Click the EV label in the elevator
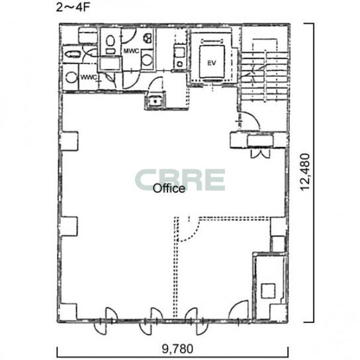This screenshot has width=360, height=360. coord(212,63)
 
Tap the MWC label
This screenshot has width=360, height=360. coord(131,51)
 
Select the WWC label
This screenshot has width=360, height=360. coord(89,77)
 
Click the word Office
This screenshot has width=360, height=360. coord(169,189)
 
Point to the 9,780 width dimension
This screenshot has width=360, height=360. coord(177,349)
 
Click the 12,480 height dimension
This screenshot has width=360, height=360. coord(305,172)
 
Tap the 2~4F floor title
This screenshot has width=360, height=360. coord(73,7)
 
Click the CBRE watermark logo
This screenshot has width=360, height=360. coord(180,180)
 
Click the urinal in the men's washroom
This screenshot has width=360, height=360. coord(148,38)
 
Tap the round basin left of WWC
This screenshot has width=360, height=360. coord(71,77)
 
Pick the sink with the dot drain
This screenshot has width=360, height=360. coord(156,101)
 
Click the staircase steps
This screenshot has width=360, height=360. coord(264,75)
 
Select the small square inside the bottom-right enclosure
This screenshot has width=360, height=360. coord(268,291)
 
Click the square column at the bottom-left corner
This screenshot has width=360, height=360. coord(68,312)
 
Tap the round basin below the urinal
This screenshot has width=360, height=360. coord(147,59)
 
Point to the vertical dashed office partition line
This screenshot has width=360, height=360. coord(176,267)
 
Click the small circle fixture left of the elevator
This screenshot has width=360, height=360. coord(180,64)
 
